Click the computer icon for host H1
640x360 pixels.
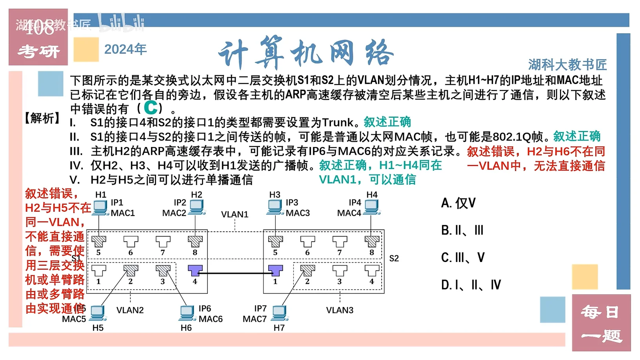(100, 207)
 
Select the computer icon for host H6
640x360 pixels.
(187, 313)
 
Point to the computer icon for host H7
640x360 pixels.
(280, 313)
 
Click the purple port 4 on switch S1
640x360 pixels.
(195, 270)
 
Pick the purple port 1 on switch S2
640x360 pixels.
(275, 270)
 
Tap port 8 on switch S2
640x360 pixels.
(372, 241)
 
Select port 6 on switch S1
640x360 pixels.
(131, 241)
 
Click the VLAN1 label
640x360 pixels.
(235, 215)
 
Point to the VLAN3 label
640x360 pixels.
(340, 310)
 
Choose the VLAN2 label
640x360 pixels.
(130, 310)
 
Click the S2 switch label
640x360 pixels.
(394, 258)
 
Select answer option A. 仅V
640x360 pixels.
(458, 203)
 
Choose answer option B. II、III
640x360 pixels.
(462, 230)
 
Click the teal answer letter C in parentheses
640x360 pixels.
(151, 107)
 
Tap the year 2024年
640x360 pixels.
(125, 49)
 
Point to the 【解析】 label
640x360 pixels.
(42, 118)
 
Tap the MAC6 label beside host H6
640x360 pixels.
(211, 319)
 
